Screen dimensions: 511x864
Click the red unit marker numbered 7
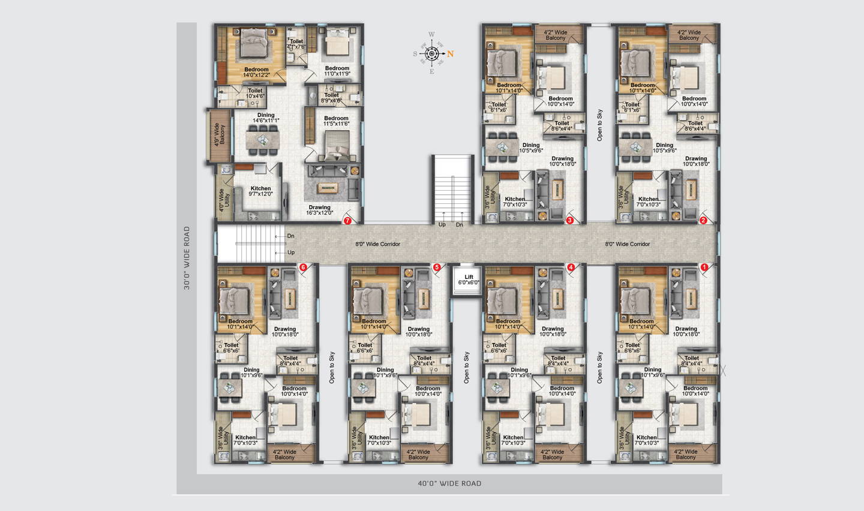[347, 221]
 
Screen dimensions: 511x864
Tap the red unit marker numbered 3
[570, 221]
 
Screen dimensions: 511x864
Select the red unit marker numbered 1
[704, 267]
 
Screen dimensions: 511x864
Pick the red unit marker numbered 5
[437, 267]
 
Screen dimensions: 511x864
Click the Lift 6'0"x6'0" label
[469, 280]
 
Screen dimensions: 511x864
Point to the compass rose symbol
[432, 54]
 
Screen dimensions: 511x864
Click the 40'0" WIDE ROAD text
[449, 483]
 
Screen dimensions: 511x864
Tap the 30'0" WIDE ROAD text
[187, 258]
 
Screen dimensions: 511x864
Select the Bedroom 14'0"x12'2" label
[256, 73]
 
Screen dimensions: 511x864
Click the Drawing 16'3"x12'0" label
[320, 210]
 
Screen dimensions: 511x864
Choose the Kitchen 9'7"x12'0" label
[260, 191]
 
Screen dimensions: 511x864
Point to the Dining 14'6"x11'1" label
[266, 118]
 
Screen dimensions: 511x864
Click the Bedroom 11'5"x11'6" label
[336, 121]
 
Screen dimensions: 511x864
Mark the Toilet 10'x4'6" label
[255, 94]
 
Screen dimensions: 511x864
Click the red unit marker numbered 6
[303, 267]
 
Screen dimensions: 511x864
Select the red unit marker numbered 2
[703, 221]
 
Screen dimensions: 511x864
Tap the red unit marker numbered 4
[571, 267]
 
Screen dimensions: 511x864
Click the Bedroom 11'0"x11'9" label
[337, 71]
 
